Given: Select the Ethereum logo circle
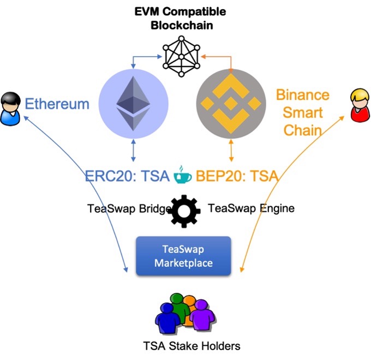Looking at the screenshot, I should (133, 103).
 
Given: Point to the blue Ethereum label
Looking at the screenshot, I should (57, 104).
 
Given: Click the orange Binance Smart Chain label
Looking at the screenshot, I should (302, 112).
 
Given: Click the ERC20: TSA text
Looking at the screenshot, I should (127, 177).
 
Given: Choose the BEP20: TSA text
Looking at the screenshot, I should (238, 177).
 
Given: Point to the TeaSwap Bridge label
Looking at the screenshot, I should (126, 208).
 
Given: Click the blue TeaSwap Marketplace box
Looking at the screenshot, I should (183, 256).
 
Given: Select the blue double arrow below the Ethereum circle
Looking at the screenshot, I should (133, 151).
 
